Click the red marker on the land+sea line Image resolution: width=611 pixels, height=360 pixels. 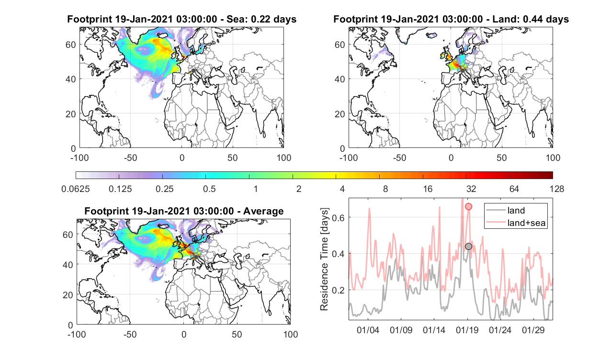click(x=468, y=206)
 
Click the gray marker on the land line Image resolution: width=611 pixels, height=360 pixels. click(x=468, y=246)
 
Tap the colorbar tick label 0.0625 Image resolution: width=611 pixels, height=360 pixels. click(x=76, y=189)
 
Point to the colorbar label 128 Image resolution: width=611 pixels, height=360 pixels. click(x=557, y=189)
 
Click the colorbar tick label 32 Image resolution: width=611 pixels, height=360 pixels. click(x=471, y=189)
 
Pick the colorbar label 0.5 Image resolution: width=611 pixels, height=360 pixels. click(x=209, y=189)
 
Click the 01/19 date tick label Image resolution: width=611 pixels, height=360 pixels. click(x=467, y=330)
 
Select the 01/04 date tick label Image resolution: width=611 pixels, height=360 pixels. click(x=368, y=330)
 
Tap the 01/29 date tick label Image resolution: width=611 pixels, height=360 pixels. click(x=533, y=330)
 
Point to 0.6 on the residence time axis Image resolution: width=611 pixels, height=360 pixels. click(x=338, y=217)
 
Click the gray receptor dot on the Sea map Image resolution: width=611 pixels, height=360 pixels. click(x=193, y=71)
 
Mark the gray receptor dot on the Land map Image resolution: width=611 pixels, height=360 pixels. click(x=463, y=71)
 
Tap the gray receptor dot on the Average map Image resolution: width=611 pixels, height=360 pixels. click(x=196, y=257)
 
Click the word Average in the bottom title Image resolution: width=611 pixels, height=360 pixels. click(x=263, y=211)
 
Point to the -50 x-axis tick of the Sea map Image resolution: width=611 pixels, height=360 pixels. click(x=130, y=157)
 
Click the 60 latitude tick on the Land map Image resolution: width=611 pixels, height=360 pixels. click(x=340, y=45)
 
